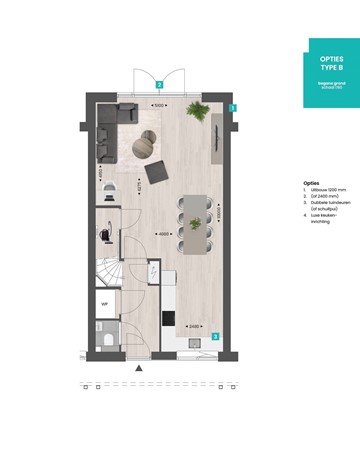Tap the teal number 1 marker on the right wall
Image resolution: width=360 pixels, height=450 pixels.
click(232, 107)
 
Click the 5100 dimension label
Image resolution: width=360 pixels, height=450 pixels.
click(158, 103)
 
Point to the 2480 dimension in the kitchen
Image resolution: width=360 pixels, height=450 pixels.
click(194, 325)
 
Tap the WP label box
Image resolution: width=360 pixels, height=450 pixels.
click(104, 300)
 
